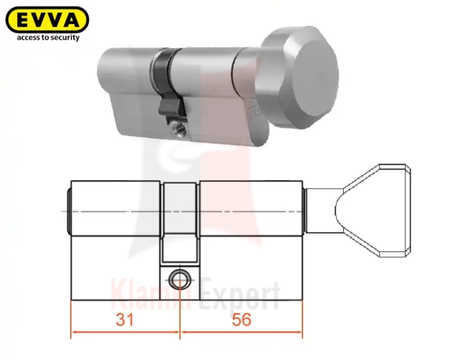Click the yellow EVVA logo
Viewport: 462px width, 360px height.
47,20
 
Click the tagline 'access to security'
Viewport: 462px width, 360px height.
48,38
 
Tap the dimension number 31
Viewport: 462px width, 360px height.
124,319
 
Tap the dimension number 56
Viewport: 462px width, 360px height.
241,319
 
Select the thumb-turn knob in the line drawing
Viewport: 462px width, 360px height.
373,211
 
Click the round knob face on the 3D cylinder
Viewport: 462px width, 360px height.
317,77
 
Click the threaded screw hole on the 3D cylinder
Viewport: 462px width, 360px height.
180,129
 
